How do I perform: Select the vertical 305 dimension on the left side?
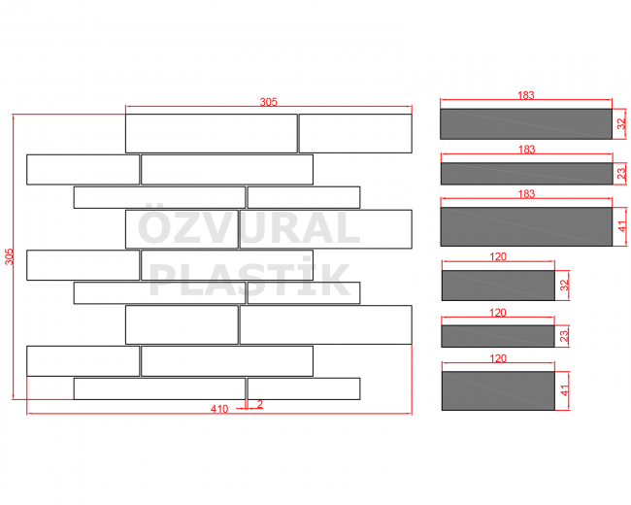point(9,257)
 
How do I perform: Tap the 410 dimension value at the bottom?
point(219,409)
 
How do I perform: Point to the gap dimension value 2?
point(260,404)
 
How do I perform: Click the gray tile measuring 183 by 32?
point(526,124)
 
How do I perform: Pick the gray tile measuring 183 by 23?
point(527,174)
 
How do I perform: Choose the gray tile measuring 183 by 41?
point(526,226)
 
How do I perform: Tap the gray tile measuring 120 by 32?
point(498,286)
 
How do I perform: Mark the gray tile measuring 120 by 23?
point(498,336)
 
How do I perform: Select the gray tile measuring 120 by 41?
point(498,391)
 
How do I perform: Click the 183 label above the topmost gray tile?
point(526,95)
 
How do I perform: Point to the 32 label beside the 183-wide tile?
point(621,124)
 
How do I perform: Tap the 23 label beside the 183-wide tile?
point(621,174)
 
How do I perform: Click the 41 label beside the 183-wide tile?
point(622,226)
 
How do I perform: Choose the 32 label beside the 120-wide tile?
point(565,286)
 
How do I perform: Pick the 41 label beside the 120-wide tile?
point(565,390)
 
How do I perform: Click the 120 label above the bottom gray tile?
point(498,358)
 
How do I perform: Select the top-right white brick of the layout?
point(355,133)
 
